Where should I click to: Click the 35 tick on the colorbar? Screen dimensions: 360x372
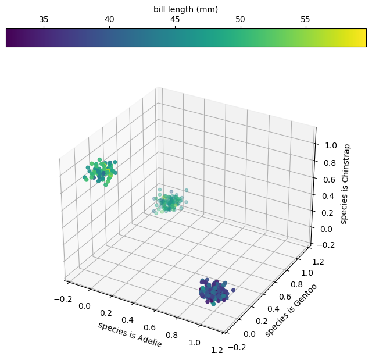click(44, 19)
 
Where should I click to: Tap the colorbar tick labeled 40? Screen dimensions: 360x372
click(109, 19)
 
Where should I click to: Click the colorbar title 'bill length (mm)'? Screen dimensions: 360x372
click(186, 9)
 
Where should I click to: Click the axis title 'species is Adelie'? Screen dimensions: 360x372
click(130, 334)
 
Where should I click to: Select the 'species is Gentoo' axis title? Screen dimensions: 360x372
click(291, 306)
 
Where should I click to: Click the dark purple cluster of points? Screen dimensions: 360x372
click(214, 291)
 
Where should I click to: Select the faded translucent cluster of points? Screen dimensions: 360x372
click(169, 201)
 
